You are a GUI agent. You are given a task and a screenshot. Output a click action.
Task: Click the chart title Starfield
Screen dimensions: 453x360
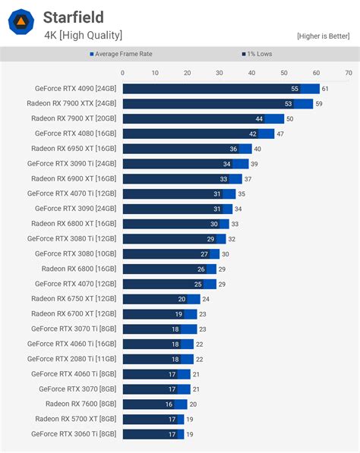tap(73, 17)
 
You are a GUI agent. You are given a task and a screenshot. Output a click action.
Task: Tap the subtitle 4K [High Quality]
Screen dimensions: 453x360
tap(82, 35)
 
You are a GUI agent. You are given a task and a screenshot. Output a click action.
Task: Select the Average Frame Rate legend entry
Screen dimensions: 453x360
tap(122, 54)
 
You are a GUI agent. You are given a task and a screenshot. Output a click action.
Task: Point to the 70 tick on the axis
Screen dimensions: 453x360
tap(348, 73)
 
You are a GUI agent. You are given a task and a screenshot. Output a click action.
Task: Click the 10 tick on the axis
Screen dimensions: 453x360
tap(155, 73)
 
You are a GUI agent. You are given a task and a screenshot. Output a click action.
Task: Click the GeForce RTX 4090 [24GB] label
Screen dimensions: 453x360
tap(75, 89)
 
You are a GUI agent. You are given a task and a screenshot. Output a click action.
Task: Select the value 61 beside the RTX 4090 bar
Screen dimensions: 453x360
tap(326, 89)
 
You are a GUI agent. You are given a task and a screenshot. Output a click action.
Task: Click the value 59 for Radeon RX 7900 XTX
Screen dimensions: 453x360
tap(319, 104)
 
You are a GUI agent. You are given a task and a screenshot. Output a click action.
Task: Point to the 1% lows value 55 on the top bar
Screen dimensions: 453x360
tap(295, 89)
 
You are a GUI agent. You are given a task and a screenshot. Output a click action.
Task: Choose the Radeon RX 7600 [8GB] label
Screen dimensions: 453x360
tap(81, 404)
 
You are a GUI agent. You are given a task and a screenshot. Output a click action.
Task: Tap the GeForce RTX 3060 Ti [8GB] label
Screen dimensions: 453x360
tap(74, 434)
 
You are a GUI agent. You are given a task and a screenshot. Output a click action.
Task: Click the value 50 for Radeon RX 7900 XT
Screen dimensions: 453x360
tap(290, 119)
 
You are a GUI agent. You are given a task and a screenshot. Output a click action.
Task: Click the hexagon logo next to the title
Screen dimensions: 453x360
tap(21, 21)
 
